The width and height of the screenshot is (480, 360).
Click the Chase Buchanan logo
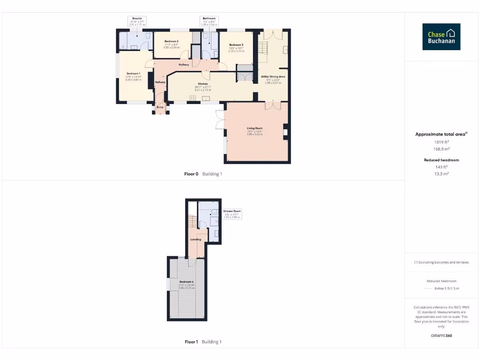click(441, 37)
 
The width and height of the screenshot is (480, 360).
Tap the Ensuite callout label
click(137, 21)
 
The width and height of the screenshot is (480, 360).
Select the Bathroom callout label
click(209, 21)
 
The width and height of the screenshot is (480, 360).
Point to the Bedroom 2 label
click(172, 42)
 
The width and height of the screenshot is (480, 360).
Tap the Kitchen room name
click(202, 84)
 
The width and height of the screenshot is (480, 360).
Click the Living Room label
click(255, 128)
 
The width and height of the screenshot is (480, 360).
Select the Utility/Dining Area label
click(273, 76)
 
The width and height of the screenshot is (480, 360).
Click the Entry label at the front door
click(160, 107)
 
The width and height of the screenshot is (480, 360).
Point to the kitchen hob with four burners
click(192, 98)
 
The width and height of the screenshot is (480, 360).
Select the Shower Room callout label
click(232, 214)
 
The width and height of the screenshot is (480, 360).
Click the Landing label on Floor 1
click(195, 239)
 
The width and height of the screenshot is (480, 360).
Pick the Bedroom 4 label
click(186, 281)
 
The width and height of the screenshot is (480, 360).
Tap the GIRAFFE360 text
click(441, 336)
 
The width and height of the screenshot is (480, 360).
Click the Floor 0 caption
click(191, 174)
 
